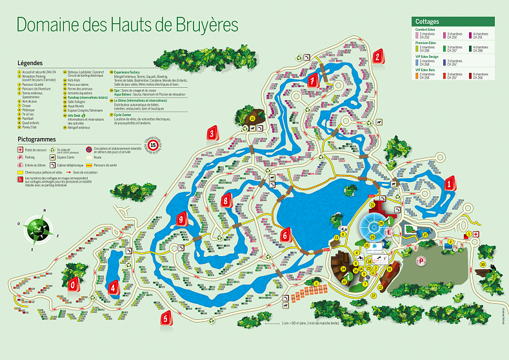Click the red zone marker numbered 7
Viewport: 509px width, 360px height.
313,81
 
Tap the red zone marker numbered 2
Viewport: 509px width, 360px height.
376,57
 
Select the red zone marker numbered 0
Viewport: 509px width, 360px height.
73,284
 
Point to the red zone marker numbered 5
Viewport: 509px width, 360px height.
166,317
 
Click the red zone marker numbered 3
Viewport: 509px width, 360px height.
212,134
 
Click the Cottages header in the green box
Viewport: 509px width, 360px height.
427,21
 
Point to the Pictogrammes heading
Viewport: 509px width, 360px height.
37,139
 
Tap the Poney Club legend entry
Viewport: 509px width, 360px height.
30,127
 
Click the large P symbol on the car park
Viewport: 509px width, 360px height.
422,261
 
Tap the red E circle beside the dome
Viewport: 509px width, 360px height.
388,232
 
